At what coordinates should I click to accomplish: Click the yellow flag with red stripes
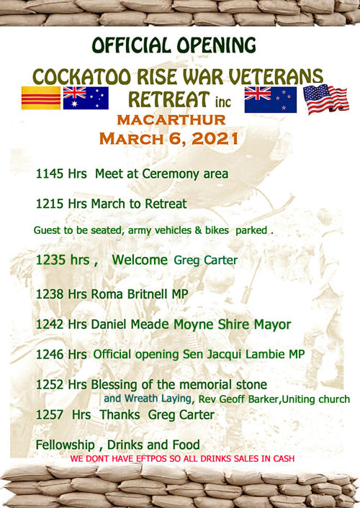tap(41, 98)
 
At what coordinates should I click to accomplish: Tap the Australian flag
tap(86, 98)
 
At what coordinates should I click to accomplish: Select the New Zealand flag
tap(271, 100)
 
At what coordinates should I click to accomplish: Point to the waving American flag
tap(326, 99)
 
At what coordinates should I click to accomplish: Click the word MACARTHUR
tap(171, 120)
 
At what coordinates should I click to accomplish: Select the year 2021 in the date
tap(215, 139)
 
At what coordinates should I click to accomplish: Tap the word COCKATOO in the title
tap(81, 77)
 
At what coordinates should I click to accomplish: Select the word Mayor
tap(272, 325)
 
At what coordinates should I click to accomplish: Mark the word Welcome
tap(140, 260)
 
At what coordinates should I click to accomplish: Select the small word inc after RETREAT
tap(223, 102)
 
